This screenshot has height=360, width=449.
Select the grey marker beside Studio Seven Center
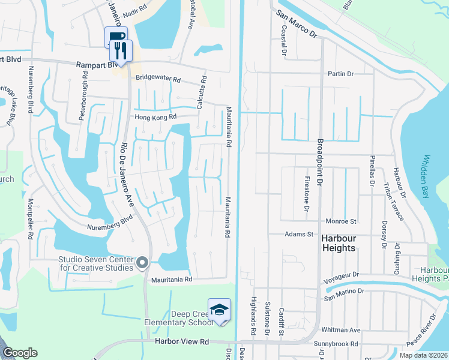[x=143, y=263]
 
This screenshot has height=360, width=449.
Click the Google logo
[x=20, y=353]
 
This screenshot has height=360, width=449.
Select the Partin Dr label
[x=341, y=74]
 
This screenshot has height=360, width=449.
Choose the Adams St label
[x=299, y=235]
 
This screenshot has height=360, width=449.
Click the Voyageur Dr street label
[x=340, y=275]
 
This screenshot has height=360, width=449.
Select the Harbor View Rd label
[x=181, y=341]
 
